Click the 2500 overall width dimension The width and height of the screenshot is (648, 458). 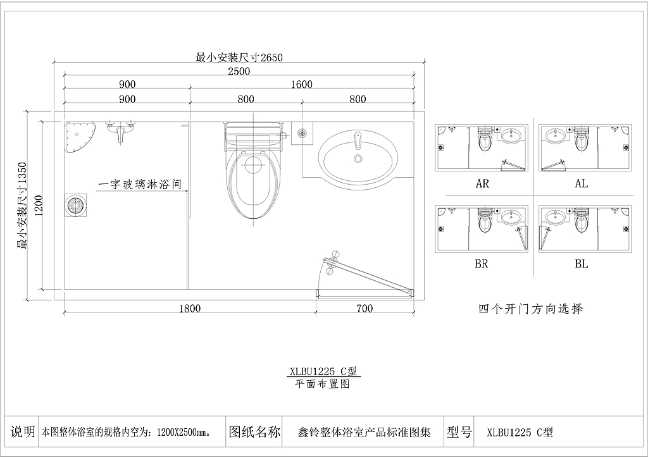pyautogui.click(x=239, y=71)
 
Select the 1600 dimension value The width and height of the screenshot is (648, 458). pyautogui.click(x=301, y=85)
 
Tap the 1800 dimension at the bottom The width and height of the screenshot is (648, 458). pyautogui.click(x=190, y=309)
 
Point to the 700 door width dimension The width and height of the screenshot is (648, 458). pyautogui.click(x=364, y=309)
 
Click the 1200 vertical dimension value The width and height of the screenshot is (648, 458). pyautogui.click(x=39, y=206)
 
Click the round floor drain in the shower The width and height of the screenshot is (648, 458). pyautogui.click(x=76, y=205)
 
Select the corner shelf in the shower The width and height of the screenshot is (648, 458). pyautogui.click(x=80, y=137)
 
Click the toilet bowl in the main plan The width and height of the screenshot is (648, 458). pyautogui.click(x=252, y=184)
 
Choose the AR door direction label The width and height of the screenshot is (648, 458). pyautogui.click(x=482, y=183)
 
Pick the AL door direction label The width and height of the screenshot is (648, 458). pyautogui.click(x=582, y=183)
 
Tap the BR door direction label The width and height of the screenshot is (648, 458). pyautogui.click(x=482, y=264)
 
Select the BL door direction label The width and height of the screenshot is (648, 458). pyautogui.click(x=582, y=264)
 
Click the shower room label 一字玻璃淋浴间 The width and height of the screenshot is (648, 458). pyautogui.click(x=140, y=184)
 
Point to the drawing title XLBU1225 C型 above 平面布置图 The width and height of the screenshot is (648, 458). pyautogui.click(x=323, y=371)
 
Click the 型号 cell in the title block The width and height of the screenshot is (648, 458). pyautogui.click(x=459, y=432)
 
